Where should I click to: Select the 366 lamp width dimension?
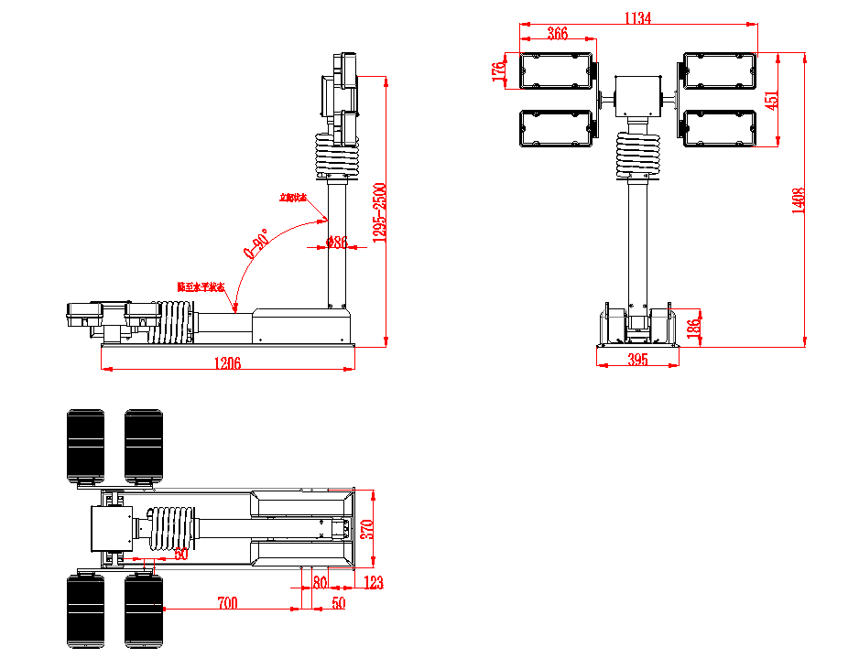point(557,33)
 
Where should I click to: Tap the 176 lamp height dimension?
point(499,71)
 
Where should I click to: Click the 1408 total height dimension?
point(798,200)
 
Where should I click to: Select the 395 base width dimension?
point(637,360)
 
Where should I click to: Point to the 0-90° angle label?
point(256,244)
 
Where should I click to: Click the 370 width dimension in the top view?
point(368,528)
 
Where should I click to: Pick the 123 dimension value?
point(373,582)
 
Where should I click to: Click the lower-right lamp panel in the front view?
point(720,128)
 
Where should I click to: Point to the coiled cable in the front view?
point(637,153)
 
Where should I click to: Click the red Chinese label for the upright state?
point(293,197)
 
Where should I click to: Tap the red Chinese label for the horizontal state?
point(201,286)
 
